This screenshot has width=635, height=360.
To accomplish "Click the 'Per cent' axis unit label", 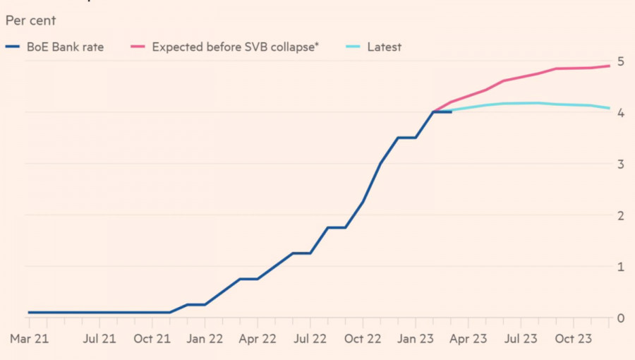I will tap(30, 20).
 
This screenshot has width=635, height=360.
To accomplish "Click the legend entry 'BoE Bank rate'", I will tap(64, 47).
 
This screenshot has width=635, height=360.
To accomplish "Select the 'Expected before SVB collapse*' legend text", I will tap(236, 47).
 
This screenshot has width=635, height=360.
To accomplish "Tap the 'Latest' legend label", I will tap(384, 47).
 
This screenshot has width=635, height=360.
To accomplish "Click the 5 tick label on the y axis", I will tap(620, 61).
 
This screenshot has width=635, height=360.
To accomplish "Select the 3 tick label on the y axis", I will tap(620, 164).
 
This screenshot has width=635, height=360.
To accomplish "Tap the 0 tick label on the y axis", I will tap(620, 318).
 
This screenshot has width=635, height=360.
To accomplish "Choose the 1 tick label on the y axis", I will tap(620, 267).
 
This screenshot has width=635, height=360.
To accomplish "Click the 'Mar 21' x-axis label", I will tap(30, 339).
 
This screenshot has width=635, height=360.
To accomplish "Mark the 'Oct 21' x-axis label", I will tap(152, 339).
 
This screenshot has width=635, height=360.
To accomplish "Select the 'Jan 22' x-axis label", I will tap(205, 339).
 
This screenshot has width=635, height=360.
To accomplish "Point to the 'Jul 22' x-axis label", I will tap(310, 339).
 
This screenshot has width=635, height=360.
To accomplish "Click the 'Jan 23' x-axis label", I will tap(415, 339).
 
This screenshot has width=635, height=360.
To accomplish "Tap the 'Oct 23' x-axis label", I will tap(572, 339).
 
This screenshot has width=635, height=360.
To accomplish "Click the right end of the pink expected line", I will tap(610, 66).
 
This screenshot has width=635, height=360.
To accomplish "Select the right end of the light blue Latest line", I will tap(610, 108).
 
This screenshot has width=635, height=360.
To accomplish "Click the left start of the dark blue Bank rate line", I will tap(30, 312).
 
